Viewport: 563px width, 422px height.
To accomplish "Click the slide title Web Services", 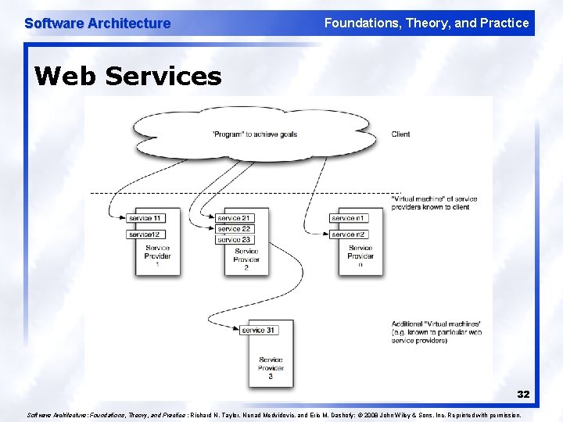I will click(x=128, y=76).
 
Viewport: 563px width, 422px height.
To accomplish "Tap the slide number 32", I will click(x=523, y=394).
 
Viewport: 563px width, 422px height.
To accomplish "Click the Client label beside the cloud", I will click(x=400, y=134).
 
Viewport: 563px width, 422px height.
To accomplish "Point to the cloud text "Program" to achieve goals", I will click(x=254, y=134).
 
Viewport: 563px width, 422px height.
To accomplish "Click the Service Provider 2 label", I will click(x=246, y=259).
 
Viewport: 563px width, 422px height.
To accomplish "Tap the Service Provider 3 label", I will click(x=271, y=368).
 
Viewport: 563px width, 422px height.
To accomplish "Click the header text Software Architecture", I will click(x=98, y=23).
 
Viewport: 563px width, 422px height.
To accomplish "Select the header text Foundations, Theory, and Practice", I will click(x=426, y=23).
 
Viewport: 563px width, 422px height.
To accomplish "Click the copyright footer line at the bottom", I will click(x=274, y=416).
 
